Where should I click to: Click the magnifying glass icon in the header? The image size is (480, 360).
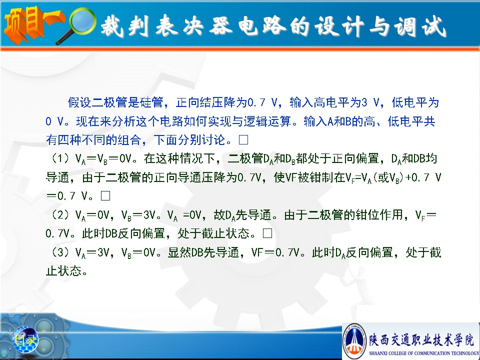pos(79,24)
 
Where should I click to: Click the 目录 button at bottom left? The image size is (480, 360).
pos(25,339)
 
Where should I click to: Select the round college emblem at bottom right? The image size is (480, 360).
pos(354,340)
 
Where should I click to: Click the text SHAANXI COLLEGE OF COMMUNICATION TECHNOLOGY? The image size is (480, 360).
pos(424,353)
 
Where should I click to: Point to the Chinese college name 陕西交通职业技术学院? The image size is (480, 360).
pos(421,339)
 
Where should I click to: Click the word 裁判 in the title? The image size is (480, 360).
pos(125,25)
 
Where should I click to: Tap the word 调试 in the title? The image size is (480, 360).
pos(420,26)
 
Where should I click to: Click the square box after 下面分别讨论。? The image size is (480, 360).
pos(243,140)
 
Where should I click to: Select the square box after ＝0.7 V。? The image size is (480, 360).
pos(105,195)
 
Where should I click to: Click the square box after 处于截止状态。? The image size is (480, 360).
pos(267,233)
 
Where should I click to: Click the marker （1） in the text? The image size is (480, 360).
pos(60,158)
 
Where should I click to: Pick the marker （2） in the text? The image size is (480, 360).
pos(60,214)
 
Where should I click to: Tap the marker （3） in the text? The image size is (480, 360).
pos(60,252)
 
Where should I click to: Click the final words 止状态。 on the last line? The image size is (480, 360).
pos(66,270)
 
